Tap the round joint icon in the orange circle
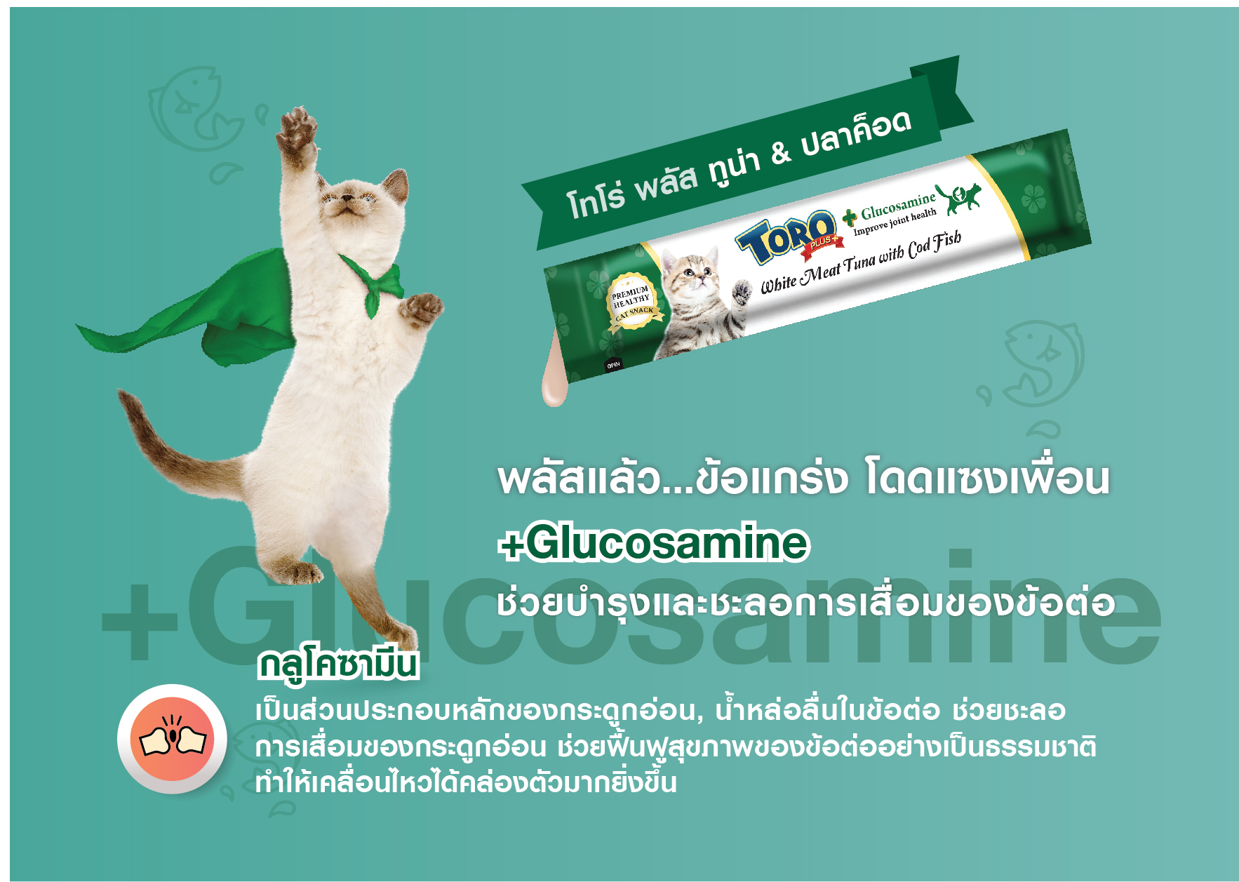(172, 739)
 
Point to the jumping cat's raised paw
(295, 131)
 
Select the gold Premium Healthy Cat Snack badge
(634, 302)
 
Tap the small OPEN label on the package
(613, 365)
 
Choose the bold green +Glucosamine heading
(653, 543)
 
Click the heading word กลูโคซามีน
(337, 665)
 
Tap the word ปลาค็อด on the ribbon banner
(856, 132)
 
